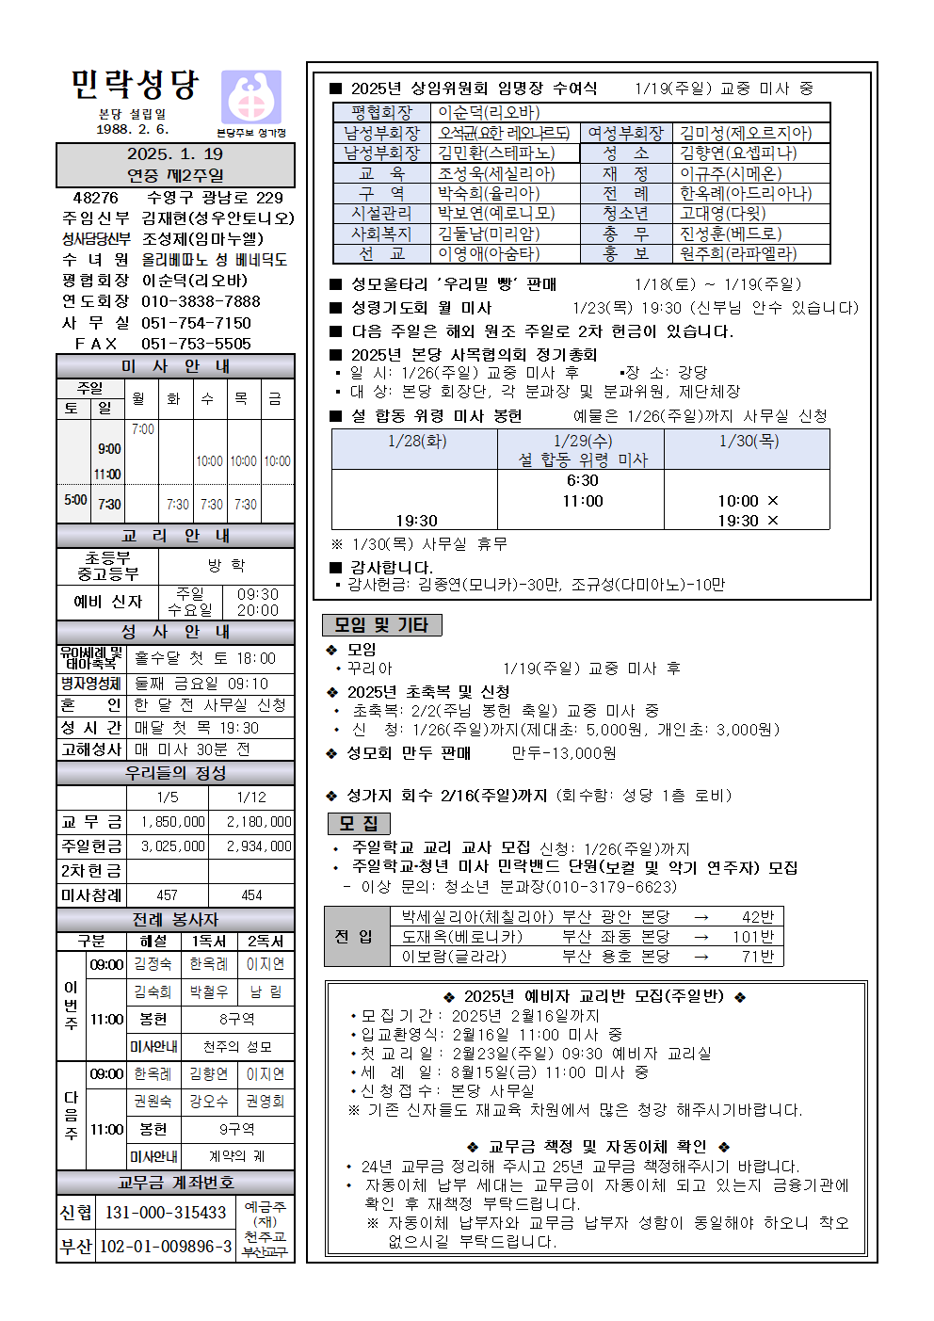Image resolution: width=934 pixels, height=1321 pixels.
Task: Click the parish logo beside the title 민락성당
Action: click(x=250, y=96)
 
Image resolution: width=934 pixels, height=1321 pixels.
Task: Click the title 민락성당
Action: click(x=136, y=85)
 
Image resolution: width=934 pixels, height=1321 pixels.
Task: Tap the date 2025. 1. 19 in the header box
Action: click(x=175, y=154)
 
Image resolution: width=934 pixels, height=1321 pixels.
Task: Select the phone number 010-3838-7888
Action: click(x=201, y=301)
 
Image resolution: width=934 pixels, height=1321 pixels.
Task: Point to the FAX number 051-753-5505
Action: click(x=196, y=344)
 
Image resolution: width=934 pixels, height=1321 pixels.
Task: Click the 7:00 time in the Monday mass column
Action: click(x=143, y=429)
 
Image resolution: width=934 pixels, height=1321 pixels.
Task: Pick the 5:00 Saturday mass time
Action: click(x=75, y=500)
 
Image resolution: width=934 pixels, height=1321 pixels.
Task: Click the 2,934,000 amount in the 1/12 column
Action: click(x=258, y=846)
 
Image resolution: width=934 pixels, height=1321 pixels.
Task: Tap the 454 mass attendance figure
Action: click(x=251, y=895)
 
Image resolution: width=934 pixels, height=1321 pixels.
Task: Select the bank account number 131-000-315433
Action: click(x=166, y=1213)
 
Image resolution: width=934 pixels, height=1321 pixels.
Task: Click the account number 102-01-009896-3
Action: click(x=166, y=1247)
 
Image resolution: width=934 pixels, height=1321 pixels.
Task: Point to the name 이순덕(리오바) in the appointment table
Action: click(x=489, y=113)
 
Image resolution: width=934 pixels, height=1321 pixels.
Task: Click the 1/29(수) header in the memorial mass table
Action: click(x=582, y=441)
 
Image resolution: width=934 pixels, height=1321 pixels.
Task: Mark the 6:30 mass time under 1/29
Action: click(x=582, y=480)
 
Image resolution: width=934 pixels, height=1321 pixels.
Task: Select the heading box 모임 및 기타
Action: click(x=381, y=625)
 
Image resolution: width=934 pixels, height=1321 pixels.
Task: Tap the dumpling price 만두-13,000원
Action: click(x=564, y=753)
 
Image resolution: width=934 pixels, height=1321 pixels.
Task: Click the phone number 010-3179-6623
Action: click(x=614, y=887)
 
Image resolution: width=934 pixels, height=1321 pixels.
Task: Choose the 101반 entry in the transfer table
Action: click(x=752, y=937)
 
